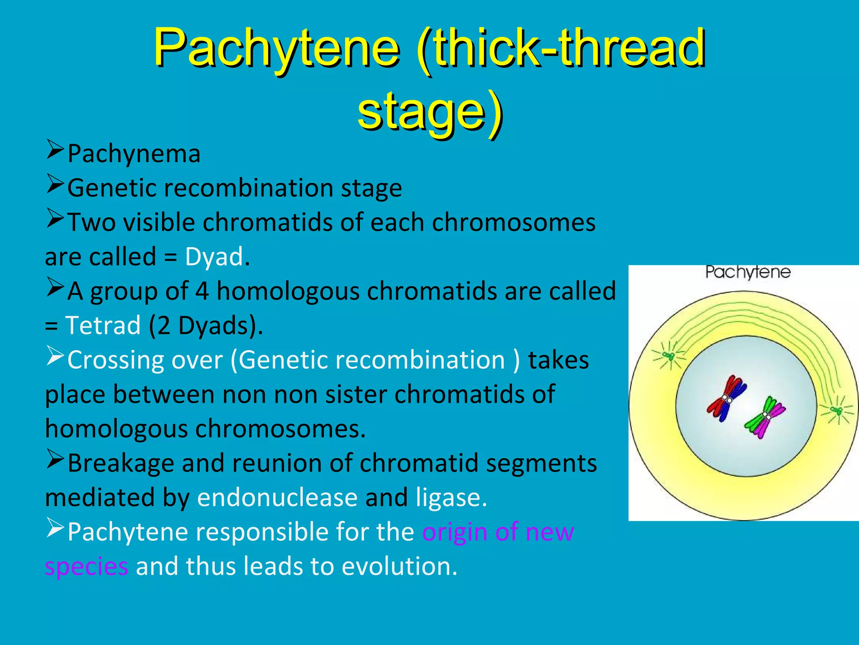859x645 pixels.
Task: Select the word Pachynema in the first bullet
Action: click(134, 154)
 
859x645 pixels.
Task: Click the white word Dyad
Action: click(214, 257)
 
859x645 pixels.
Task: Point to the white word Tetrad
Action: click(103, 325)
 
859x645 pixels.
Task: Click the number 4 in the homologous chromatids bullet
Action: click(202, 291)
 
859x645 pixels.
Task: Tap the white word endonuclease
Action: click(277, 498)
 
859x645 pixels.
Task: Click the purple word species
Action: click(86, 566)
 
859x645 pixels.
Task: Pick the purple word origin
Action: click(455, 532)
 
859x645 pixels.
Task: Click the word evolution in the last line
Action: click(398, 566)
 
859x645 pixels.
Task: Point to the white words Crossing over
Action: click(145, 360)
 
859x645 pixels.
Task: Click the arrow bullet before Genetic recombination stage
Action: click(55, 184)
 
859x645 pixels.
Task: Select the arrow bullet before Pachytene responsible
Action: click(55, 529)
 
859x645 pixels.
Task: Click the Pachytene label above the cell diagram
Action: click(748, 273)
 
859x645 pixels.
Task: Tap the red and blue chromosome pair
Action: click(726, 398)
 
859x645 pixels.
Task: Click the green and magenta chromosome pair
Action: click(765, 417)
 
